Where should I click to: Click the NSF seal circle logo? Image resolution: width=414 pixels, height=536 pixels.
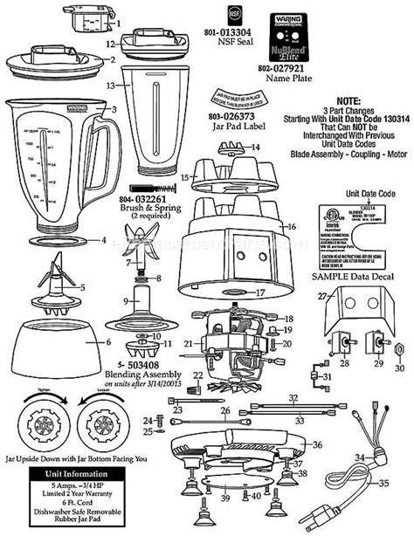[x=209, y=15]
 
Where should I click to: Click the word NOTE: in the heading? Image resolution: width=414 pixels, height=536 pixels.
[x=348, y=100]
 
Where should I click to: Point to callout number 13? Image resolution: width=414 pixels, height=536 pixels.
[x=111, y=86]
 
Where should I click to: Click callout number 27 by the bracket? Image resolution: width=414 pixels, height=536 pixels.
[x=320, y=298]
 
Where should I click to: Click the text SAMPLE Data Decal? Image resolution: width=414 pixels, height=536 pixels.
[x=342, y=274]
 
